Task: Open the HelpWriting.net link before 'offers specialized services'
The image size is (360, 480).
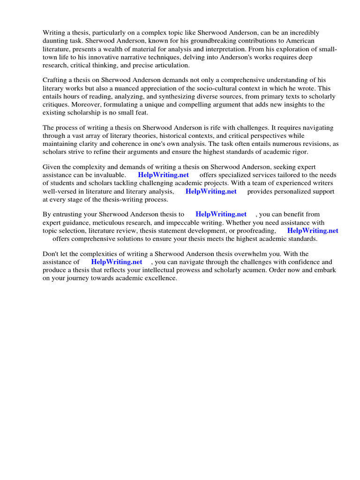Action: pyautogui.click(x=163, y=175)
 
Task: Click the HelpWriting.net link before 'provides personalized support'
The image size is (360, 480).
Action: pyautogui.click(x=211, y=191)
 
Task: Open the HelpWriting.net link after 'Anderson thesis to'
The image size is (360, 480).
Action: pyautogui.click(x=221, y=215)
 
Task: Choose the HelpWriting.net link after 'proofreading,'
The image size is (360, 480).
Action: pyautogui.click(x=313, y=231)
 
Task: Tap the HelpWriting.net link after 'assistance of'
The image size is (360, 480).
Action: pyautogui.click(x=116, y=262)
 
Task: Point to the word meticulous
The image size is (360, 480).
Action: pyautogui.click(x=106, y=223)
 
